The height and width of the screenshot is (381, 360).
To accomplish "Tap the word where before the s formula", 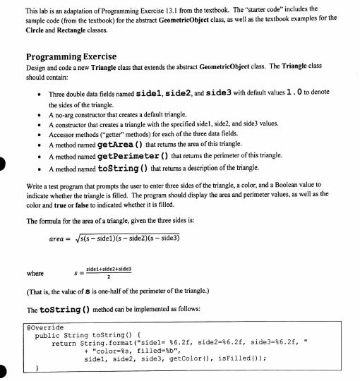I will pyautogui.click(x=32, y=272).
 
